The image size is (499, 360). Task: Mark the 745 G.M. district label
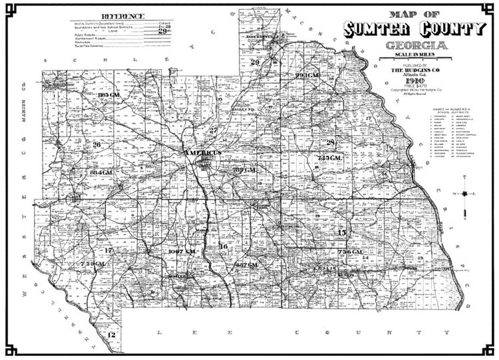click(x=331, y=158)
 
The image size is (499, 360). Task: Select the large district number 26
click(x=97, y=144)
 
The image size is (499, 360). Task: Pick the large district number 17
click(x=108, y=250)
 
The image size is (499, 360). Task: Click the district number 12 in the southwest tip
click(x=112, y=335)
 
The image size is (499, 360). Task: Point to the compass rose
click(x=464, y=194)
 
